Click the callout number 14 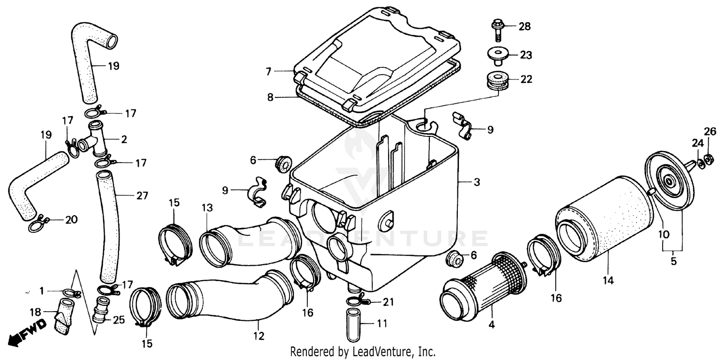608,280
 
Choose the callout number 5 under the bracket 673,262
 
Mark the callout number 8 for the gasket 270,97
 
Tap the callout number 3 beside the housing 477,182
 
